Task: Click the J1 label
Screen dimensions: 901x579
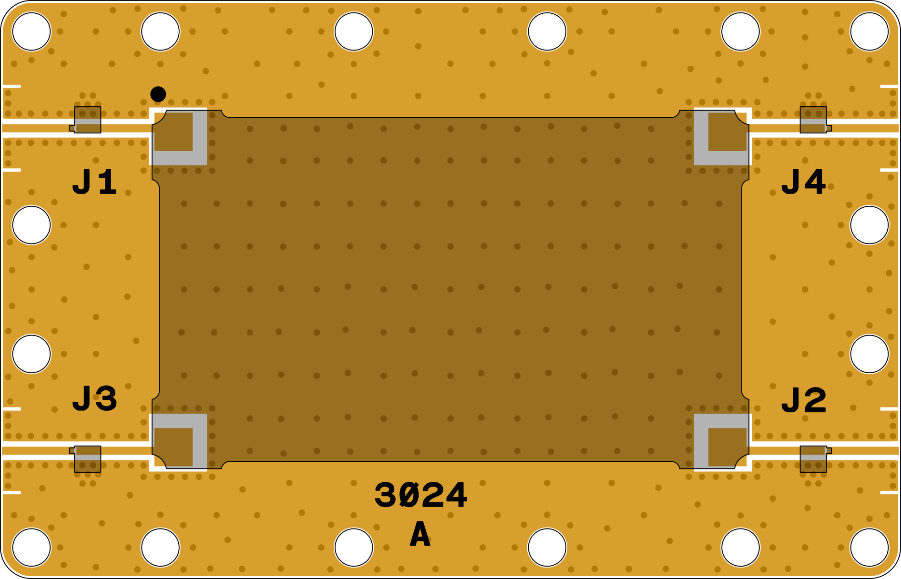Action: pyautogui.click(x=94, y=182)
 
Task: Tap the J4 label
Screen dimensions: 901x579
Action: pyautogui.click(x=803, y=182)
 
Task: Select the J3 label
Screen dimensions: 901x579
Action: pyautogui.click(x=94, y=399)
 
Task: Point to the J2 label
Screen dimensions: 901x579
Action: pyautogui.click(x=804, y=401)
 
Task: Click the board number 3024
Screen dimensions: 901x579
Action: pyautogui.click(x=420, y=495)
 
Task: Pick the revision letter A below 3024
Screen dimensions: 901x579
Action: pyautogui.click(x=420, y=534)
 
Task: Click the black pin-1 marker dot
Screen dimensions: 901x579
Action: pyautogui.click(x=158, y=94)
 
